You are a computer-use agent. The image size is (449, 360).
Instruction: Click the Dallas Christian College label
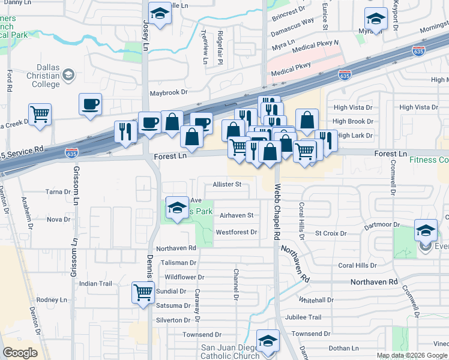point(38,76)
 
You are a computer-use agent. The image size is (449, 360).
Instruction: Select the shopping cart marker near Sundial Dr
point(143,293)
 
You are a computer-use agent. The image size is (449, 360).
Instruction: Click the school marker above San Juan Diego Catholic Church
point(267,340)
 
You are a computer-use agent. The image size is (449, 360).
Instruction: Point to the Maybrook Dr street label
point(169,93)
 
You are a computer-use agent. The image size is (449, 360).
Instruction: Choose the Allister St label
point(226,184)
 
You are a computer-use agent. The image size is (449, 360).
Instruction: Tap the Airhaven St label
point(237,215)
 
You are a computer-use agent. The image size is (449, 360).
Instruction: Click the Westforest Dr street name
point(236,232)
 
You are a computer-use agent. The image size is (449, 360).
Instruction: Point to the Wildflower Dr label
point(184,277)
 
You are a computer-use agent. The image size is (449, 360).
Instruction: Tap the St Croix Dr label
point(331,233)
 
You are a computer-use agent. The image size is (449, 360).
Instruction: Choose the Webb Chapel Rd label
point(277,205)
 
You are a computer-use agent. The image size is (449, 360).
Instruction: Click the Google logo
point(20,353)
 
